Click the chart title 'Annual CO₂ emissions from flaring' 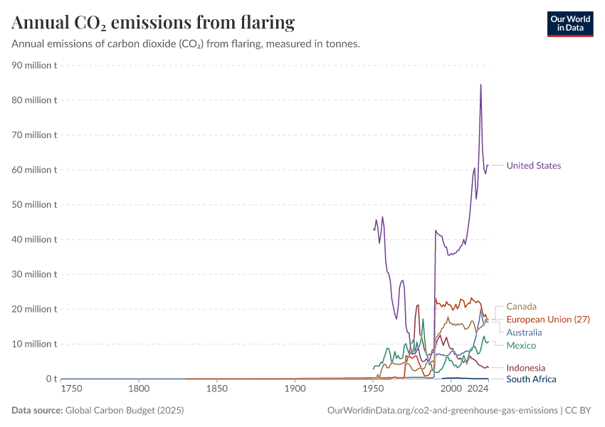[x=153, y=23]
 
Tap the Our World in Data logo [x=569, y=23]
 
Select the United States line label [x=533, y=166]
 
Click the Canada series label [x=521, y=307]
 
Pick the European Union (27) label [x=548, y=320]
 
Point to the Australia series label [x=524, y=332]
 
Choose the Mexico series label [x=521, y=345]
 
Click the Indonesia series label [x=525, y=368]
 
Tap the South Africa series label [x=531, y=379]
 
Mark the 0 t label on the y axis [x=50, y=379]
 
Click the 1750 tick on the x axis [x=71, y=389]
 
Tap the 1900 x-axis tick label [x=295, y=389]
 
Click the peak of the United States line [x=480, y=85]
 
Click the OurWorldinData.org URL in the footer [x=442, y=411]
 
